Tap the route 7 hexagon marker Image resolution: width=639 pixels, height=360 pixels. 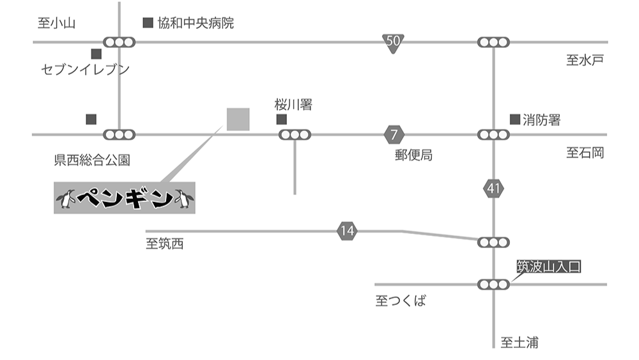pyautogui.click(x=394, y=135)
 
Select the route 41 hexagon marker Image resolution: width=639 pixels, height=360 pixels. pyautogui.click(x=493, y=189)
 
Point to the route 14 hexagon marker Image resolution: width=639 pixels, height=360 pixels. pyautogui.click(x=346, y=231)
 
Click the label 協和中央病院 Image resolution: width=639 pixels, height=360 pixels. pyautogui.click(x=195, y=24)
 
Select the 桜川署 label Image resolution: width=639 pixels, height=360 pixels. pyautogui.click(x=293, y=104)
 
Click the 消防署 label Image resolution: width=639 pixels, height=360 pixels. pyautogui.click(x=541, y=120)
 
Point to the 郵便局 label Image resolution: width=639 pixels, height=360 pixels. pyautogui.click(x=413, y=155)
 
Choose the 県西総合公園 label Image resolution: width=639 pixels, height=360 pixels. pyautogui.click(x=92, y=160)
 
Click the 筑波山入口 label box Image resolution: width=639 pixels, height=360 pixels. pyautogui.click(x=549, y=267)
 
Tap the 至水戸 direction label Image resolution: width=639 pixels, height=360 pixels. pyautogui.click(x=585, y=61)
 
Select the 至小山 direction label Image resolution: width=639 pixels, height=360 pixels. pyautogui.click(x=57, y=24)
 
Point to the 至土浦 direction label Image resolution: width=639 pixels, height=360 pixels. pyautogui.click(x=519, y=343)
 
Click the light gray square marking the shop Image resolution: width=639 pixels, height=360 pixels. pyautogui.click(x=238, y=120)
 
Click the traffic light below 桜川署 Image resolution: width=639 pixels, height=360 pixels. pyautogui.click(x=295, y=135)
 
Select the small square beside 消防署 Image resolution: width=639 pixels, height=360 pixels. pyautogui.click(x=514, y=119)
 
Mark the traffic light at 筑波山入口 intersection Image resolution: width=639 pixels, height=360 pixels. pyautogui.click(x=494, y=284)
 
